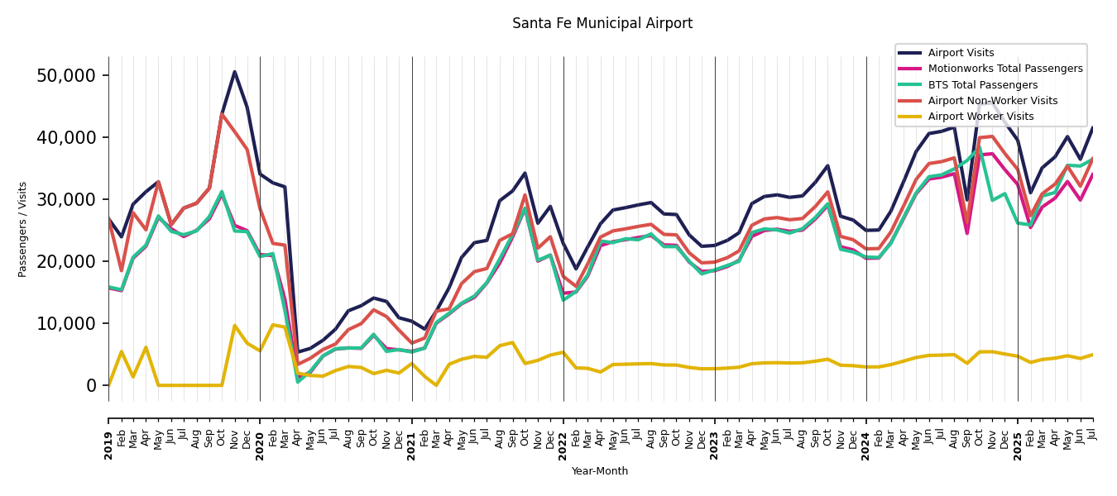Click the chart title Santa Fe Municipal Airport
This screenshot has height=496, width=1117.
[602, 24]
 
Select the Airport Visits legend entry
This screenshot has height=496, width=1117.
[961, 53]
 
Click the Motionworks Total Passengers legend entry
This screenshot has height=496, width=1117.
[1004, 69]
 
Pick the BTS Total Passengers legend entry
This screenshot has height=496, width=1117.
[982, 85]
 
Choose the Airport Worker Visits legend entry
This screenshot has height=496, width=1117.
[980, 117]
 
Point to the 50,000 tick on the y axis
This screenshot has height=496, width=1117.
[67, 75]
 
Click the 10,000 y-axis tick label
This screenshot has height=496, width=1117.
[67, 323]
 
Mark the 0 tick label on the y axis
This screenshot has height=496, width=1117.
[92, 385]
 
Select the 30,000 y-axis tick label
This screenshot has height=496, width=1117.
[67, 199]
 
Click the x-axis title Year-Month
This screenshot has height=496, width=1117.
[600, 471]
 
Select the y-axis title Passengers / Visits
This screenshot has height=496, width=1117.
[23, 229]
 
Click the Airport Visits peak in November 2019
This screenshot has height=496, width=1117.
[234, 72]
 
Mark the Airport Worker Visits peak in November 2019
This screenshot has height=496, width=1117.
[234, 326]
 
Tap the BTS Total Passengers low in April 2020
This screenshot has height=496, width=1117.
[298, 381]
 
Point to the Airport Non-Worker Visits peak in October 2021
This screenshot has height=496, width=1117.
[525, 195]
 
